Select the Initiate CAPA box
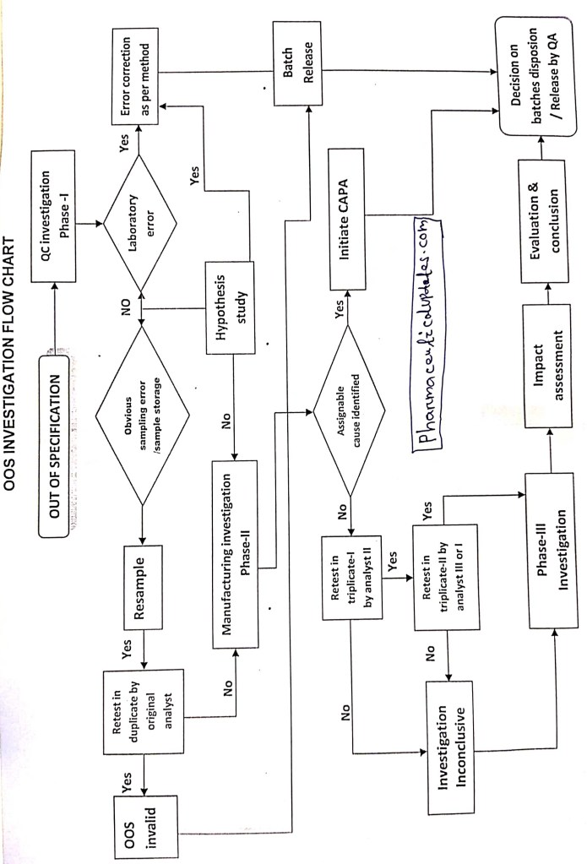pyautogui.click(x=350, y=216)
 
